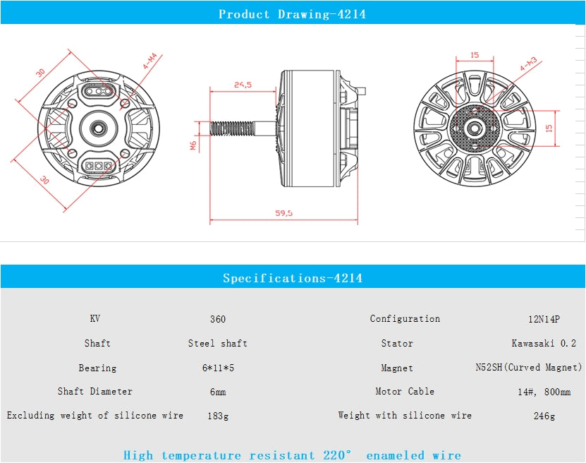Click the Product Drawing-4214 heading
(292, 14)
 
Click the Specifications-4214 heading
(292, 278)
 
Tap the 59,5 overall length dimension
(284, 212)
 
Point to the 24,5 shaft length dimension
(243, 85)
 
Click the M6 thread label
(193, 145)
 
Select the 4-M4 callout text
(150, 62)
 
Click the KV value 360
(218, 319)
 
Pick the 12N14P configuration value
(544, 319)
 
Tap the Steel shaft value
(217, 344)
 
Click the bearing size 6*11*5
(218, 368)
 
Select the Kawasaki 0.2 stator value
(544, 344)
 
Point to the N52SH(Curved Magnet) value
(530, 368)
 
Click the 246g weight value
(544, 416)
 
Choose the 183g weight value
(218, 416)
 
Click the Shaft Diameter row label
(95, 391)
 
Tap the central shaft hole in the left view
(97, 128)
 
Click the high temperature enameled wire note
(292, 455)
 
